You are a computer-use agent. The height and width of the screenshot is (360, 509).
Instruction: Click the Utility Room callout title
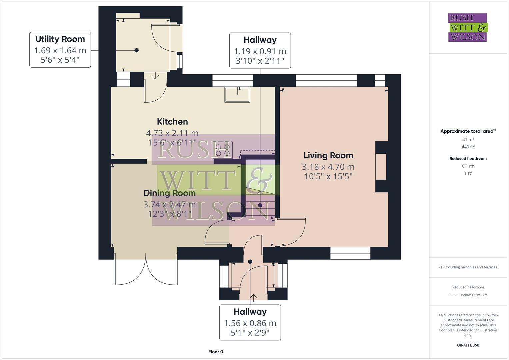click(x=60, y=39)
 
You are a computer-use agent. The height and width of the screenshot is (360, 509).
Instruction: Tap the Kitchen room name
click(x=172, y=122)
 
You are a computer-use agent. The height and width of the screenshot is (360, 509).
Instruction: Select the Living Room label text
click(x=328, y=155)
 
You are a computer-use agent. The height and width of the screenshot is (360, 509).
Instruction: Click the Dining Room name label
click(x=169, y=193)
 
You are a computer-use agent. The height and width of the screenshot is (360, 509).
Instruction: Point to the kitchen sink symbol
click(x=237, y=94)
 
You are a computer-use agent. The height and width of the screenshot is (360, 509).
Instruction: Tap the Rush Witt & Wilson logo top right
click(x=467, y=28)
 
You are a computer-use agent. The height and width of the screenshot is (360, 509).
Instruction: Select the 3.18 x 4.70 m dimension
click(x=328, y=167)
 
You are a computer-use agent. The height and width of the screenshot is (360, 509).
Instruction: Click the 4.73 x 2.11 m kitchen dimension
click(x=172, y=133)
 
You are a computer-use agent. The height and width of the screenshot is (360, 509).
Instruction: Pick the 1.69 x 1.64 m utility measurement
click(x=60, y=50)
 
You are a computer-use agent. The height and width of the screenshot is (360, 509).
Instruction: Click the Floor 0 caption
click(x=216, y=352)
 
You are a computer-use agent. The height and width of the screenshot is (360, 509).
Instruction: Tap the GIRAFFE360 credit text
click(x=468, y=345)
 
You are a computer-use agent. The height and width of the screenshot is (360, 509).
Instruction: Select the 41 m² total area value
click(x=468, y=140)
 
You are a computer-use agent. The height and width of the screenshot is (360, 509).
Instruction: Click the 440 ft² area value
click(x=468, y=147)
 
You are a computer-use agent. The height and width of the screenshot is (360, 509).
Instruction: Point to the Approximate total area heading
click(x=468, y=131)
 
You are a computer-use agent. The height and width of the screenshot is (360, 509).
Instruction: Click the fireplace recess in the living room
click(x=381, y=167)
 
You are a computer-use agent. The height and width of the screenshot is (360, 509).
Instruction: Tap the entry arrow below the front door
click(x=254, y=298)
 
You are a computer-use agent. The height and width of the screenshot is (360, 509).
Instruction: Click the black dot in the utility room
click(x=136, y=50)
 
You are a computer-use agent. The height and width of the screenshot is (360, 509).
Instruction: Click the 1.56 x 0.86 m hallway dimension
click(x=250, y=323)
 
